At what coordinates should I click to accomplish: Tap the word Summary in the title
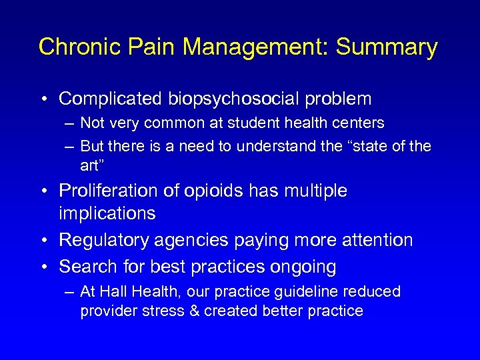387,47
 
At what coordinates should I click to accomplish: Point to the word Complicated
110,99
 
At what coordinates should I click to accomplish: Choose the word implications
107,213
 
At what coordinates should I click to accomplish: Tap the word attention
379,240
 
